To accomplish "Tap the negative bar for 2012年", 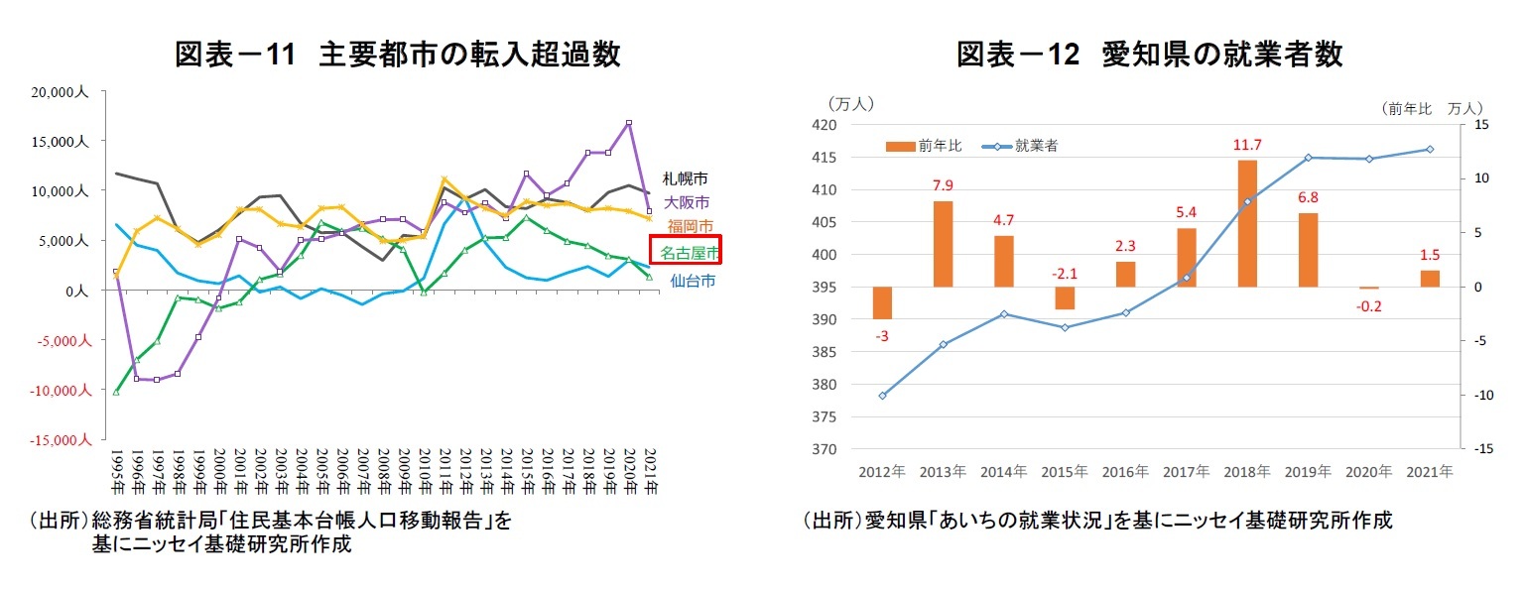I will [x=882, y=302].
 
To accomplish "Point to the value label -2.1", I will [x=1065, y=274].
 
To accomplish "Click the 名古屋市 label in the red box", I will [x=686, y=250].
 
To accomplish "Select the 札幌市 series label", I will [x=686, y=179].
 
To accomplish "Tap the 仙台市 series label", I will [x=692, y=281].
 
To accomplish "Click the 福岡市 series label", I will [x=689, y=226].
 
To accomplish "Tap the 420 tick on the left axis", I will [x=825, y=125].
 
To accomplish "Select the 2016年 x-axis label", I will [x=1125, y=471].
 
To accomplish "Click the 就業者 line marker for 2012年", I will [x=882, y=395].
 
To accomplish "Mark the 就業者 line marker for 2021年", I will [x=1430, y=149].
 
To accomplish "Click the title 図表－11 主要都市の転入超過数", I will [x=397, y=55].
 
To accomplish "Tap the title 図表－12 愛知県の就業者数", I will [x=1149, y=55].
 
